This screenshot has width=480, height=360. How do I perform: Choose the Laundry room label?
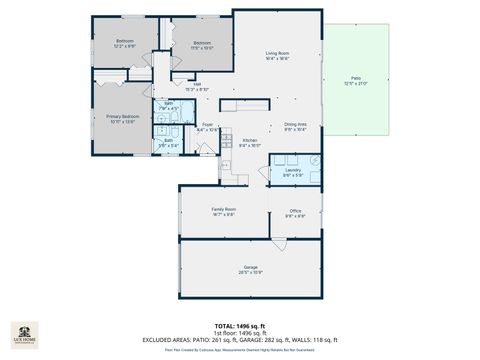pyautogui.click(x=292, y=172)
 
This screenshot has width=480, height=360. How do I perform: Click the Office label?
pyautogui.click(x=295, y=213)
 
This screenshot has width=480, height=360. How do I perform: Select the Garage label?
pyautogui.click(x=250, y=269)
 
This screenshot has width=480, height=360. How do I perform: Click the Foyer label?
pyautogui.click(x=207, y=127)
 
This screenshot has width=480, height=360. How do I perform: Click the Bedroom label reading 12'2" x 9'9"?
pyautogui.click(x=125, y=43)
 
